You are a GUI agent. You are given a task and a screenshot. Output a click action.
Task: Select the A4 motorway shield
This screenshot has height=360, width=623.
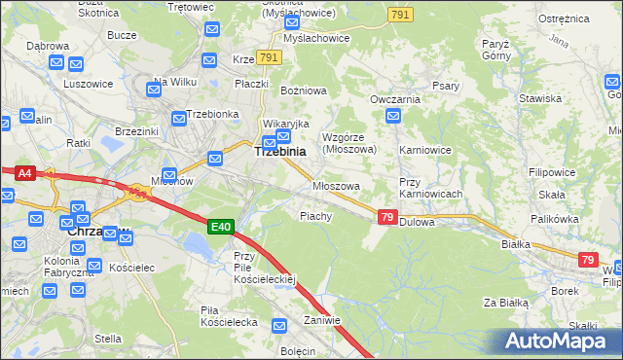[26, 173]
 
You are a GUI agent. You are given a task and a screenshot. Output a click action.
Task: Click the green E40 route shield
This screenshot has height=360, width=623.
[222, 227]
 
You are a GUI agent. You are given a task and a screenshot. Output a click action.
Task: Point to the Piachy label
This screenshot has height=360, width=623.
[316, 216]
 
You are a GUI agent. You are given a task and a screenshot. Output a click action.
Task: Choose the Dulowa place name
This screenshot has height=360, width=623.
[416, 222]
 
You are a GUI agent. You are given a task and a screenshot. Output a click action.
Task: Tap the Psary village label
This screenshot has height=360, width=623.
[445, 86]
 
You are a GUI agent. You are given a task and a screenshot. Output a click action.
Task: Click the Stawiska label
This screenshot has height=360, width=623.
[540, 98]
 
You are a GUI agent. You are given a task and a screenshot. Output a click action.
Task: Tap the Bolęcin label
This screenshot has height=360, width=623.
[298, 350]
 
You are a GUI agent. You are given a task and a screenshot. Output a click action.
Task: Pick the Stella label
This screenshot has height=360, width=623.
[108, 339]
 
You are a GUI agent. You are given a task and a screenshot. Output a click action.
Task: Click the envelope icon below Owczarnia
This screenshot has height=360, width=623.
[393, 117]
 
